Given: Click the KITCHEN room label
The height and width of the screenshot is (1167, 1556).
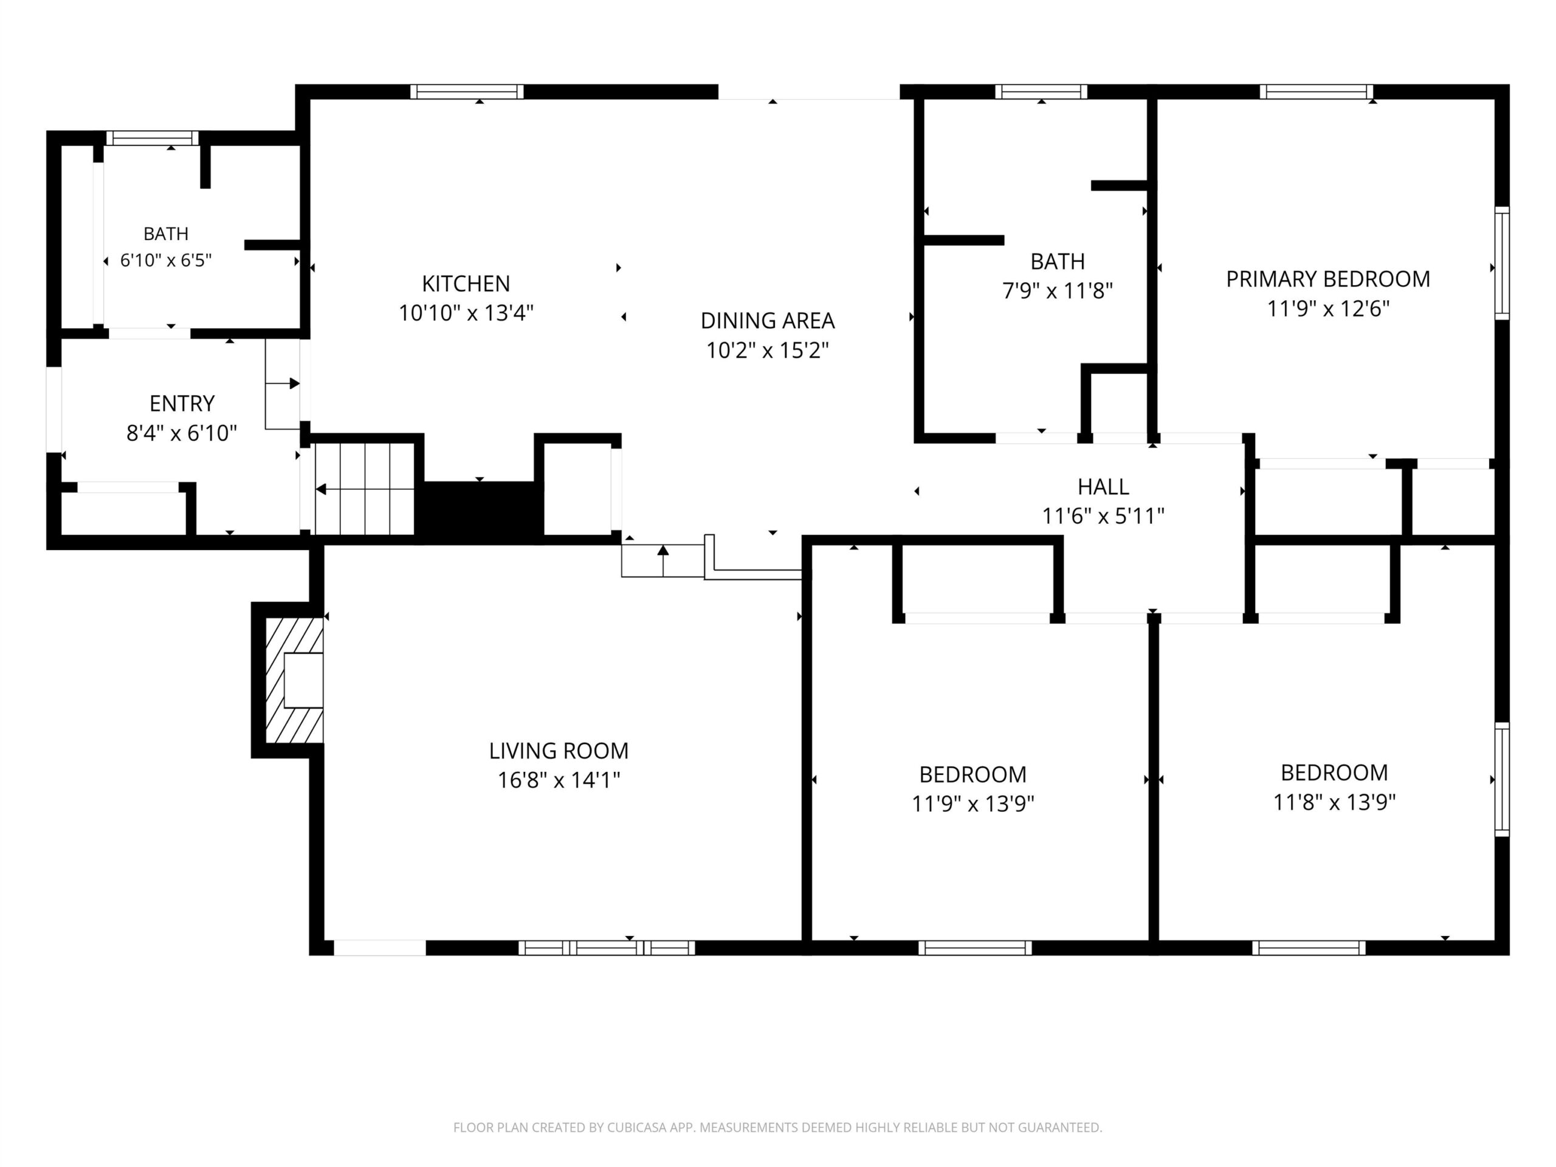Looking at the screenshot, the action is (x=466, y=283).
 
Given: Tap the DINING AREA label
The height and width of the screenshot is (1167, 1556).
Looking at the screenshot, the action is (x=768, y=321).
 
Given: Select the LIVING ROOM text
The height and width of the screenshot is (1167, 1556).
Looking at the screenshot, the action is (x=559, y=751).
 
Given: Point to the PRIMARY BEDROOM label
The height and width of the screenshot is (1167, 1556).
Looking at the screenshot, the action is (x=1328, y=279).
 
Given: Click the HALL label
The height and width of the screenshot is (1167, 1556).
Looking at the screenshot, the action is (x=1103, y=487).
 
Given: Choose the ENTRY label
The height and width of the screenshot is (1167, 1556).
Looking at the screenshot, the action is (x=182, y=404).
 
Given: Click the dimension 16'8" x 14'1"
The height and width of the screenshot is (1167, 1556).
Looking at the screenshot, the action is (x=559, y=780).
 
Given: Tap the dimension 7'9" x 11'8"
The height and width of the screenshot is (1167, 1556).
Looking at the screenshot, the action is (x=1057, y=291).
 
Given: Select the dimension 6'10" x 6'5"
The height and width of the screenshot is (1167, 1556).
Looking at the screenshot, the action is (x=166, y=260).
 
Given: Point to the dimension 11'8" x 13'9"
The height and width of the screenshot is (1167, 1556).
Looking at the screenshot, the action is (x=1334, y=802).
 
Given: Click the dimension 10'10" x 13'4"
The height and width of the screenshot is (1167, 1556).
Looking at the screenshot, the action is (x=466, y=313).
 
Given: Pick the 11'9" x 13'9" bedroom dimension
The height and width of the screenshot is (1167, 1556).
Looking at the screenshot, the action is (x=973, y=804).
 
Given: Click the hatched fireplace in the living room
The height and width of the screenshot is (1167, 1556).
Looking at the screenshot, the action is (x=295, y=680).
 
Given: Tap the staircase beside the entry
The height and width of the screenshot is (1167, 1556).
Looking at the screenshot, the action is (x=364, y=489).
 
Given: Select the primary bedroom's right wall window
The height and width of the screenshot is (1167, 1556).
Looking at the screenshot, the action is (x=1502, y=264).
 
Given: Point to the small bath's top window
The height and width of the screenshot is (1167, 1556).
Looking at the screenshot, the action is (x=153, y=139).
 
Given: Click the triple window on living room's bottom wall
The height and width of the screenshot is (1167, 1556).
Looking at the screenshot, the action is (x=607, y=948).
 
